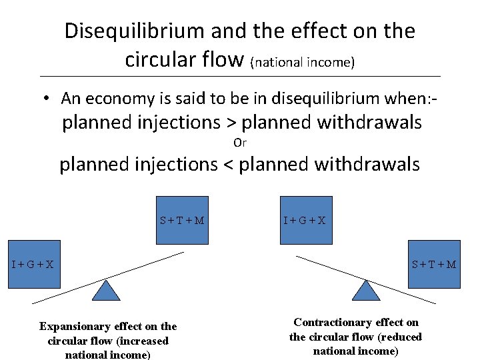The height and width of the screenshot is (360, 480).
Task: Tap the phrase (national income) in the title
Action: [x=303, y=63]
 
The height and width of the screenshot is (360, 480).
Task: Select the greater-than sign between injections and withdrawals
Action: [x=232, y=123]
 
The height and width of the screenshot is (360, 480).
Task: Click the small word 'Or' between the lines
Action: [x=240, y=143]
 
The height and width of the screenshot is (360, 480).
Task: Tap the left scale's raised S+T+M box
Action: [x=182, y=220]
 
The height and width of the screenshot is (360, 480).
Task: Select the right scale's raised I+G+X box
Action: [x=305, y=220]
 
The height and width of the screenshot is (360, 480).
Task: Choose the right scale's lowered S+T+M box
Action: [x=434, y=263]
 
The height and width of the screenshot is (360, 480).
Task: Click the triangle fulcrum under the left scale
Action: [x=105, y=291]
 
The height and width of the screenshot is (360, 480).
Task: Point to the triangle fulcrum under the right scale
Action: [x=365, y=291]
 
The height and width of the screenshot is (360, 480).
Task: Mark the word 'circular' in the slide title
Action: [x=159, y=60]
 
